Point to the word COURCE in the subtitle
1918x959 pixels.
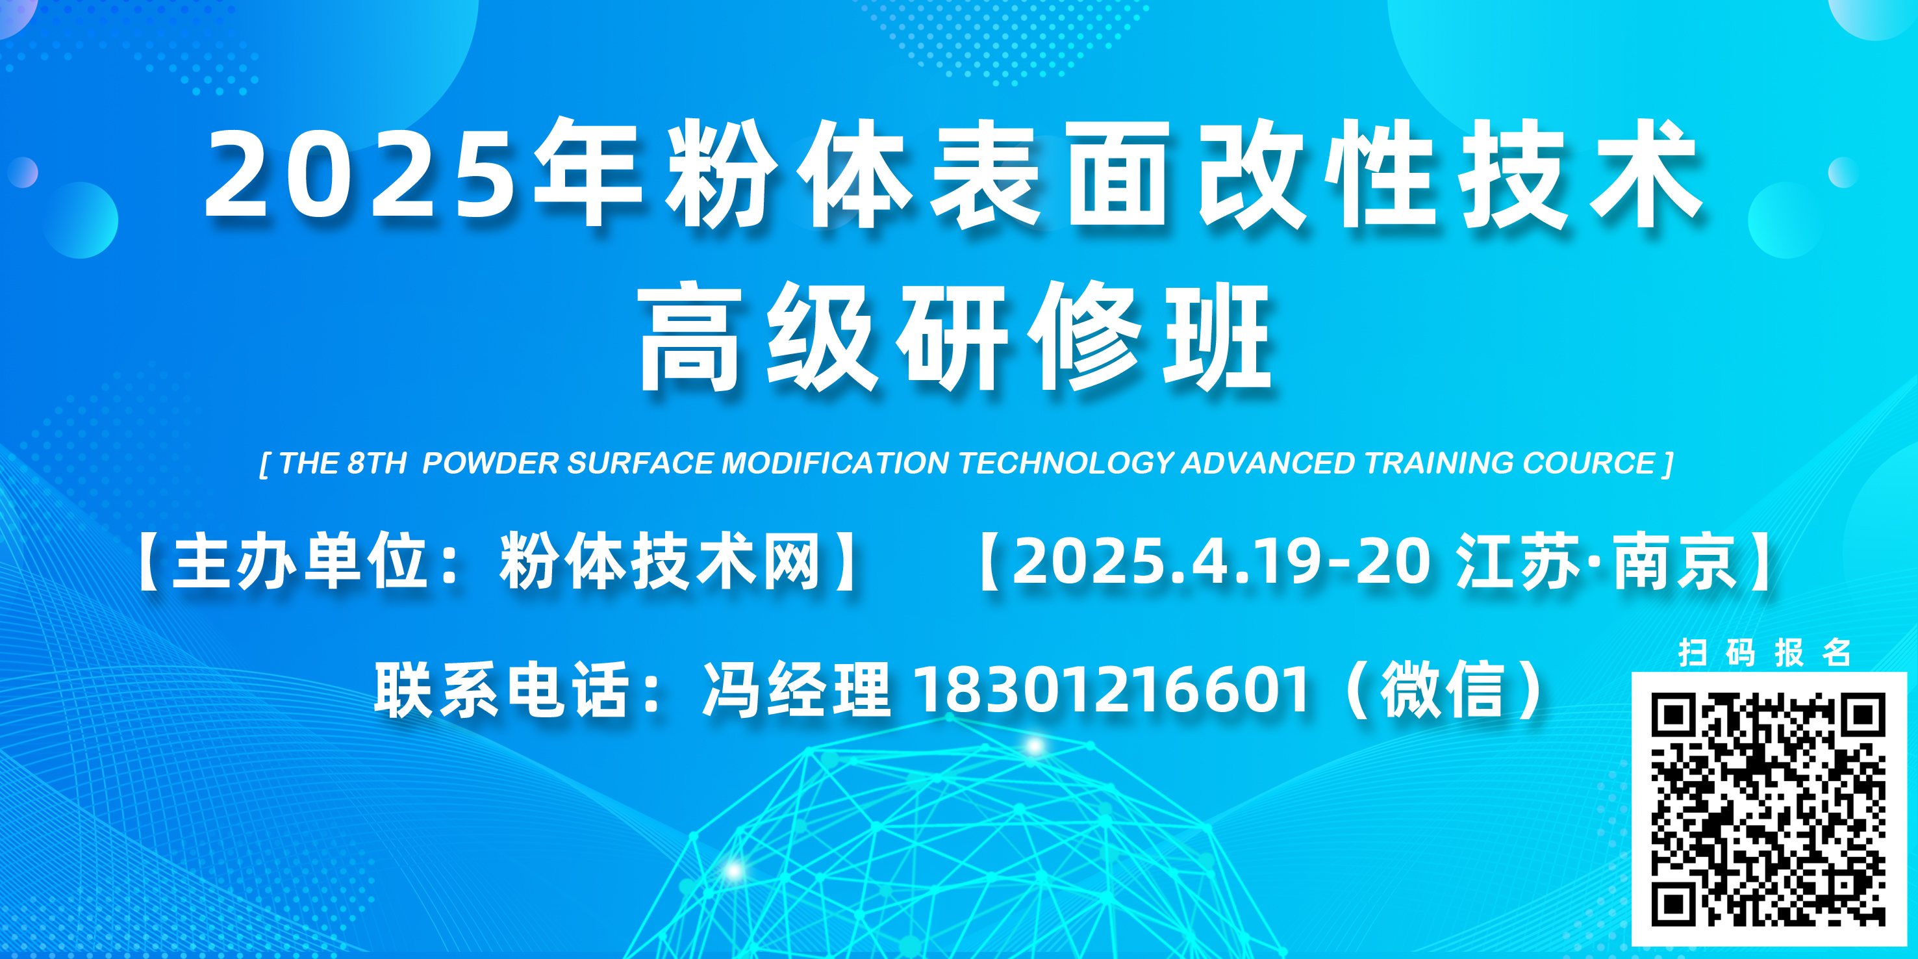pos(1589,463)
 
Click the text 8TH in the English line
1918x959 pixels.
pos(377,463)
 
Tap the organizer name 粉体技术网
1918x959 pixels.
pos(660,562)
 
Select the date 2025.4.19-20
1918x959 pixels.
pos(1221,562)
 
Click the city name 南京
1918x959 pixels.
pos(1675,562)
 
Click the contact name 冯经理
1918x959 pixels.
pos(797,689)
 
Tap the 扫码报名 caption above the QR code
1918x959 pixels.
pos(1765,652)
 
